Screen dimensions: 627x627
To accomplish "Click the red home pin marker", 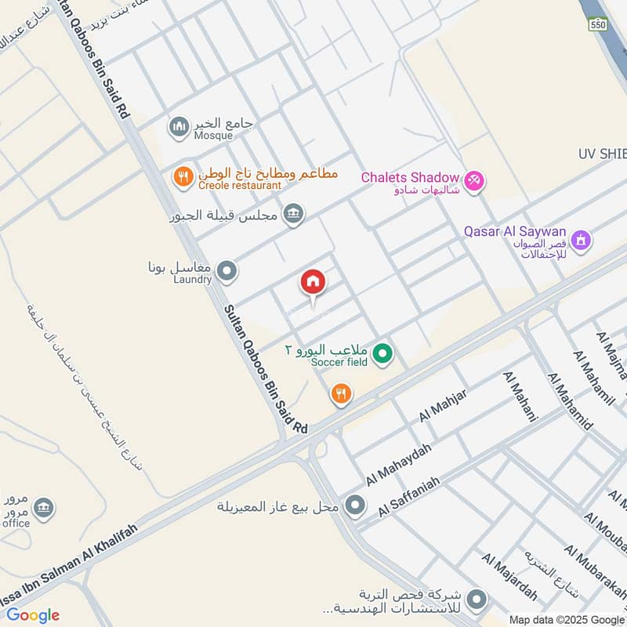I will (x=312, y=283).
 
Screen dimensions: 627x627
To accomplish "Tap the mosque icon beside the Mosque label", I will (x=179, y=125).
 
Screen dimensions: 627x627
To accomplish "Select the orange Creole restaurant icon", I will (x=183, y=177).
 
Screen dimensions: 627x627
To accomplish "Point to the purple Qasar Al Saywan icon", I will (x=581, y=238).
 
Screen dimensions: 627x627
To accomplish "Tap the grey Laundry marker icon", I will (x=227, y=271).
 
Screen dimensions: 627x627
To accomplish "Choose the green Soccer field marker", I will (x=382, y=354).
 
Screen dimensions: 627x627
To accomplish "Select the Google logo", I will (x=33, y=615).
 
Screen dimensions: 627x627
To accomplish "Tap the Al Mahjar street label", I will (x=443, y=405).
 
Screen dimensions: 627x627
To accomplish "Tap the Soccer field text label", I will (x=339, y=362).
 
